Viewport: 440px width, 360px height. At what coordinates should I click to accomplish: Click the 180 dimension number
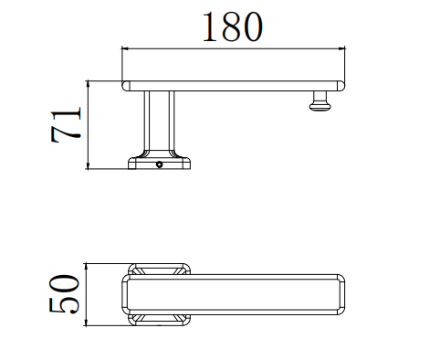232,26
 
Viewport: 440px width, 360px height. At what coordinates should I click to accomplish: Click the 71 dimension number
66,125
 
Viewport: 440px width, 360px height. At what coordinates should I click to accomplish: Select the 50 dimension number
64,294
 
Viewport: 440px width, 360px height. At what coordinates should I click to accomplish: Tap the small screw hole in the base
159,164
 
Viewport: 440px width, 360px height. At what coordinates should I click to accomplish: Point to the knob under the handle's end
320,102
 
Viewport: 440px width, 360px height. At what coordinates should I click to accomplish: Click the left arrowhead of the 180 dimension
125,48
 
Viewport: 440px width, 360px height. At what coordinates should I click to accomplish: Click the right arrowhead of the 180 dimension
341,48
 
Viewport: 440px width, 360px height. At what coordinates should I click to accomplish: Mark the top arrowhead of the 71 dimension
88,84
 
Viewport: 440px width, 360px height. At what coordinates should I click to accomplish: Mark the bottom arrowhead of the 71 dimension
88,165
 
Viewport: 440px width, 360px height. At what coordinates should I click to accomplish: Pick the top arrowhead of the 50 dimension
87,267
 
